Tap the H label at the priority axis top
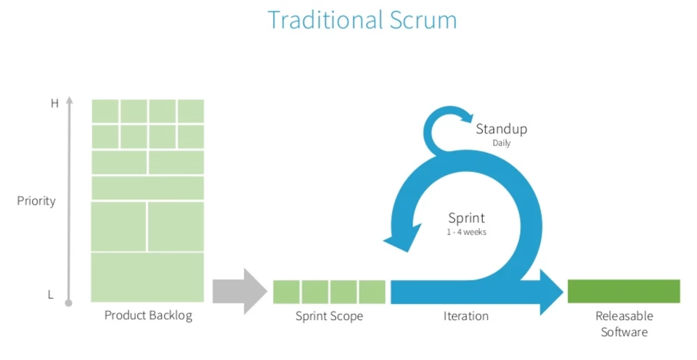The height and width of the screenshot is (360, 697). [54, 104]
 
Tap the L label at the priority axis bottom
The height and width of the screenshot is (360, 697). [50, 295]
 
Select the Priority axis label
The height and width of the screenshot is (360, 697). [36, 201]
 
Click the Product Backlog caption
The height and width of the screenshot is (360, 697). [148, 316]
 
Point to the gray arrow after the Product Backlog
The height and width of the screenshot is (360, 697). [240, 291]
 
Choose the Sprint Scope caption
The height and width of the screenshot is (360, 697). [329, 316]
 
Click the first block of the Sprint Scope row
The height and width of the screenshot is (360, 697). [286, 292]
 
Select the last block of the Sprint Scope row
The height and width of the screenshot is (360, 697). [372, 292]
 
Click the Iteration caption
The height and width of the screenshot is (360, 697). [466, 316]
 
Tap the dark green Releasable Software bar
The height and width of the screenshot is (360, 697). [624, 291]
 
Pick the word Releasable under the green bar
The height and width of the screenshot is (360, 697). [624, 316]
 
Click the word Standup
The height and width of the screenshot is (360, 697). [501, 129]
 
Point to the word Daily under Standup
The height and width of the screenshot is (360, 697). [501, 144]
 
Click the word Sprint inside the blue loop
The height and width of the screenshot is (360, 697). [466, 218]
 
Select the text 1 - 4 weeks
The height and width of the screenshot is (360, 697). [466, 232]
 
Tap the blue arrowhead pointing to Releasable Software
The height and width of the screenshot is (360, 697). [551, 291]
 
